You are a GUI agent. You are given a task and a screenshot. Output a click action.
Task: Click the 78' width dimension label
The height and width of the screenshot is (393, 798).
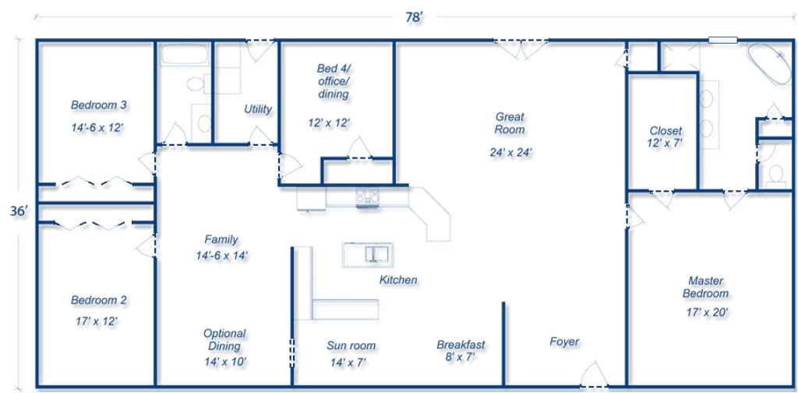(x=414, y=18)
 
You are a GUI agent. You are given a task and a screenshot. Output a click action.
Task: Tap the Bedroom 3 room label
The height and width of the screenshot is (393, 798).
(x=99, y=105)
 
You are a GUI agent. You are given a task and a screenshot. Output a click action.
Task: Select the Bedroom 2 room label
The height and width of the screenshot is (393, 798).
(x=99, y=300)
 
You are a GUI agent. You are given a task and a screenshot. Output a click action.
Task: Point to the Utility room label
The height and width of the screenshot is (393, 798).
(x=258, y=109)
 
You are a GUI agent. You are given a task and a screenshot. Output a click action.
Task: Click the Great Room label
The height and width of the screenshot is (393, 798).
(x=510, y=123)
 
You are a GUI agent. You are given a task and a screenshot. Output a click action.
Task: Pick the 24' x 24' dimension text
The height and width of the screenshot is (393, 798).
(x=510, y=152)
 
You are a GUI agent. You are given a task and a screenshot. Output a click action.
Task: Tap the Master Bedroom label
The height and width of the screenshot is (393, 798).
(x=706, y=287)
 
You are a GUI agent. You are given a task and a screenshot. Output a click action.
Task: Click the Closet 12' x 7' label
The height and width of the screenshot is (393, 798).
(x=665, y=136)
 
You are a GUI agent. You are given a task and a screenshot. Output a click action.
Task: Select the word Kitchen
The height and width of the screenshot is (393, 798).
(x=398, y=280)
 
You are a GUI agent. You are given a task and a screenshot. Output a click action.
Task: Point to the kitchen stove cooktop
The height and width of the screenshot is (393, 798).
(x=367, y=196)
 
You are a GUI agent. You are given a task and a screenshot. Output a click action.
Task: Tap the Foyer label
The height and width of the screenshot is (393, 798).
(x=564, y=342)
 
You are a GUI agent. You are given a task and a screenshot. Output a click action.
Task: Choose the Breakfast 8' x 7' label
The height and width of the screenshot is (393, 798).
(x=461, y=351)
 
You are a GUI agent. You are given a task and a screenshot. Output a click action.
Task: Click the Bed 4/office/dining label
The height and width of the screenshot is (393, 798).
(x=333, y=81)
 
